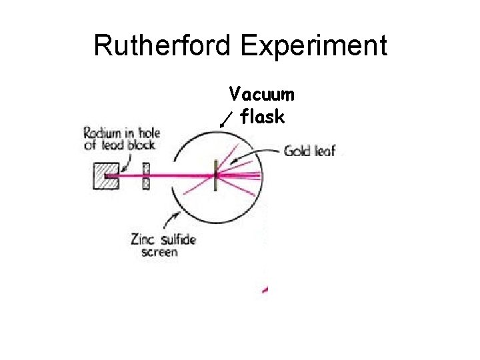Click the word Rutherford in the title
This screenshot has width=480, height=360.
pyautogui.click(x=163, y=46)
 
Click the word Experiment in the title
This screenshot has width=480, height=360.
pyautogui.click(x=314, y=46)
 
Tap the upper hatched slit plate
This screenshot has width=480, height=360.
pyautogui.click(x=147, y=168)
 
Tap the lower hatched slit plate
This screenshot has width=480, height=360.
pyautogui.click(x=147, y=184)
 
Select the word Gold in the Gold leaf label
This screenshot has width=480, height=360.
pyautogui.click(x=297, y=151)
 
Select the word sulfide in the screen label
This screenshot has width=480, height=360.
pyautogui.click(x=178, y=239)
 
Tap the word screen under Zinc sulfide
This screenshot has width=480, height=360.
pyautogui.click(x=160, y=253)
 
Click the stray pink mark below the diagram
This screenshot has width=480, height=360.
pyautogui.click(x=266, y=289)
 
